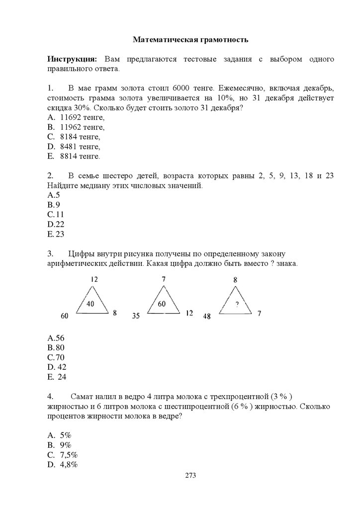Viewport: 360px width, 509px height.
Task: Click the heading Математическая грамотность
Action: point(190,39)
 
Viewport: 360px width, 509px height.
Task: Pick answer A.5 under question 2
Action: point(54,195)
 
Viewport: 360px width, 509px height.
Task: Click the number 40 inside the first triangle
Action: point(90,304)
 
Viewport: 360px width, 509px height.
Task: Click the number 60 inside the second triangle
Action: point(162,304)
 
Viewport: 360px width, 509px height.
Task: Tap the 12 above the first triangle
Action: point(94,280)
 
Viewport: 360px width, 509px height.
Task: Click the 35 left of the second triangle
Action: point(136,316)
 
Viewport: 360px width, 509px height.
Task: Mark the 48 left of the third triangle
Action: point(206,316)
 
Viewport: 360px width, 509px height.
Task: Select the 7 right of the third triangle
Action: point(259,314)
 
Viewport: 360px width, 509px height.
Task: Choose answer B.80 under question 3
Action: point(56,347)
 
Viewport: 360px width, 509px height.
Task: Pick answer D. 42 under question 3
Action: point(57,367)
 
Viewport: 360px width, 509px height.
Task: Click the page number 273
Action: point(190,475)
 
